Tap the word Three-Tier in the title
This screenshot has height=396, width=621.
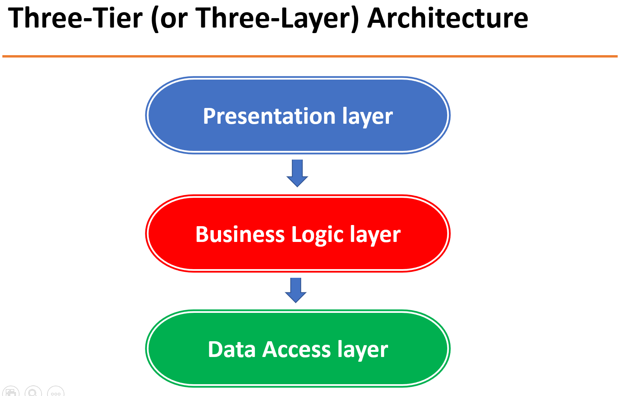click(75, 18)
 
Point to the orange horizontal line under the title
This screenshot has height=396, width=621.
click(310, 56)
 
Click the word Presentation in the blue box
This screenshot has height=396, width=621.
click(269, 116)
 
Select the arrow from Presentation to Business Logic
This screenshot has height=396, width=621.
click(297, 173)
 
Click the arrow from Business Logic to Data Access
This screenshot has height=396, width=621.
click(296, 290)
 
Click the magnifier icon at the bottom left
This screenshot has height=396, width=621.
click(33, 392)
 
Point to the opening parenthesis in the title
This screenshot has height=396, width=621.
click(154, 19)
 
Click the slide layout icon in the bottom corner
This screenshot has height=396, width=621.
click(11, 392)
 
